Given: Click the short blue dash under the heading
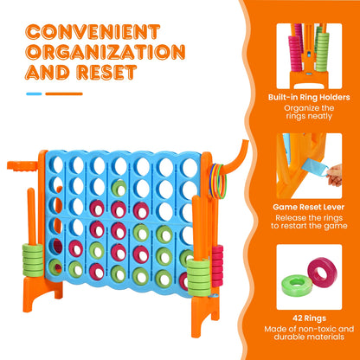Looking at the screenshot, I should (x=34, y=93).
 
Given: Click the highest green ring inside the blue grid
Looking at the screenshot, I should (x=119, y=188).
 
